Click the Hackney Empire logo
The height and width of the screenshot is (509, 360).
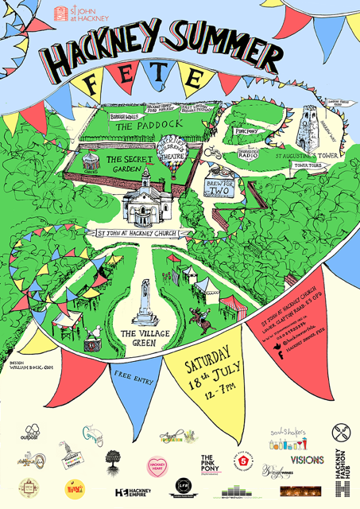[x=132, y=494]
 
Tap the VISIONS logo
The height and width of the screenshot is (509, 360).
[x=307, y=460]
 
